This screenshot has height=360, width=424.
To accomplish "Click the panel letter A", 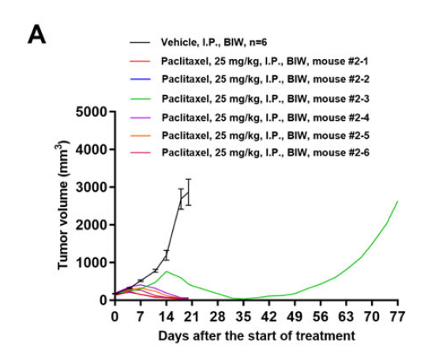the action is (37, 35).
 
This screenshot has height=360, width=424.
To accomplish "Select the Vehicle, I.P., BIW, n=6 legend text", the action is (214, 42).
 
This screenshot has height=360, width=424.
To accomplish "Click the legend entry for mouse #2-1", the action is (265, 62).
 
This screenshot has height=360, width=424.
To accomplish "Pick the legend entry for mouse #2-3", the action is (265, 99).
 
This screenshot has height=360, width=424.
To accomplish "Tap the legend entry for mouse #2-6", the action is (265, 152).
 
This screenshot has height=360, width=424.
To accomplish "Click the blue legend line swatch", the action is (140, 79).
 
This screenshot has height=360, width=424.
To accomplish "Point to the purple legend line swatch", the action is (140, 118).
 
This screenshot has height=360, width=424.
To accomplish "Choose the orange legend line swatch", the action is (140, 135).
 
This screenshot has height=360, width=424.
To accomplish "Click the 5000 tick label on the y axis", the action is (92, 111).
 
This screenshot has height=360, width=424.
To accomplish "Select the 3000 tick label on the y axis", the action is (92, 187).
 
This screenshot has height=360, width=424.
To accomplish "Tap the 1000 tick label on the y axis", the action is (92, 262).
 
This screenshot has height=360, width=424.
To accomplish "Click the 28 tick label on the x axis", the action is (217, 316).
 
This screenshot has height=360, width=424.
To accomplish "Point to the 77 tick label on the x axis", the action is (397, 316).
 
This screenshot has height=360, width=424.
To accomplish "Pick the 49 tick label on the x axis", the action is (295, 316).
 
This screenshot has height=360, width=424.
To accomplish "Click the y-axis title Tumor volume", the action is (62, 205).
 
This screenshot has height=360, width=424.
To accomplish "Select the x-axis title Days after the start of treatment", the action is (257, 336).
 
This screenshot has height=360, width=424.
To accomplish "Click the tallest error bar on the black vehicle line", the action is (189, 192).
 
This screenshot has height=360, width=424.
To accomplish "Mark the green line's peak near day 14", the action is (167, 271).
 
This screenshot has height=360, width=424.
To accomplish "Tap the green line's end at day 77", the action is (398, 201).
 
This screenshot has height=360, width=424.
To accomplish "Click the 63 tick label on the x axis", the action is (346, 316).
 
